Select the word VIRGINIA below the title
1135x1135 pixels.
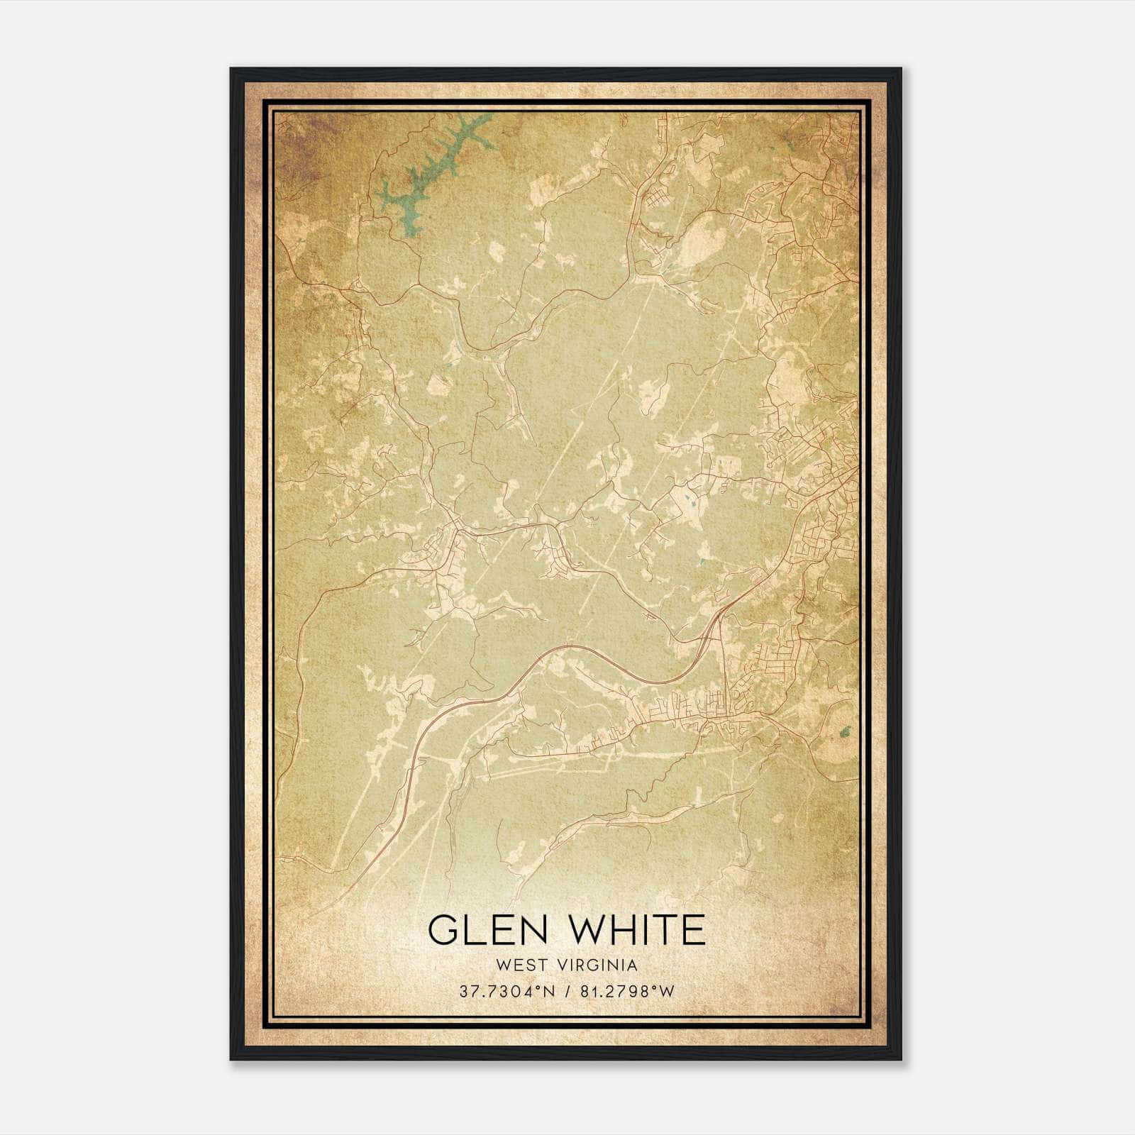point(598,965)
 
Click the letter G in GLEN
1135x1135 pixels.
point(443,929)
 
